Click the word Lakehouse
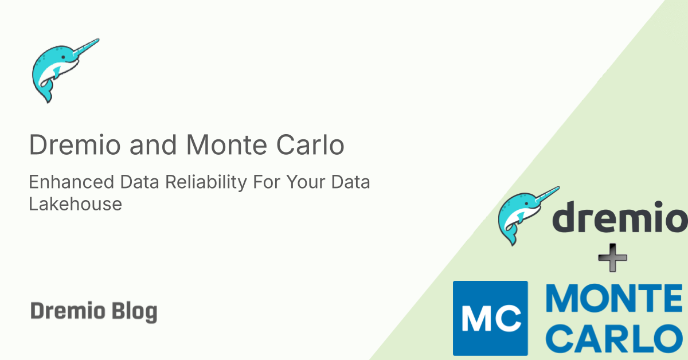pos(75,204)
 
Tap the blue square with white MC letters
pos(490,318)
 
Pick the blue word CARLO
pos(612,338)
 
